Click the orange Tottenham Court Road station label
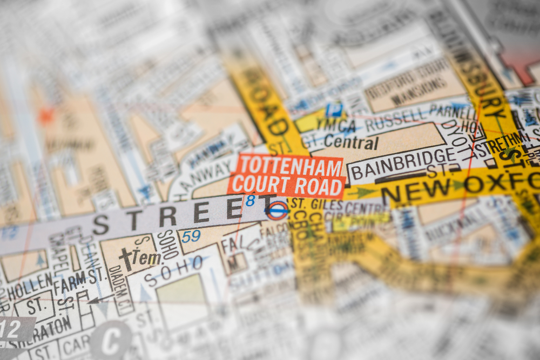(287, 175)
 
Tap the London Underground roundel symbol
(276, 210)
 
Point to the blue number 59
(191, 236)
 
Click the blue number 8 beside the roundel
(250, 201)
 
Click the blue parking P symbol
(334, 110)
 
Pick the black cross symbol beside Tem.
(126, 259)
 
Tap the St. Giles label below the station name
(315, 205)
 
